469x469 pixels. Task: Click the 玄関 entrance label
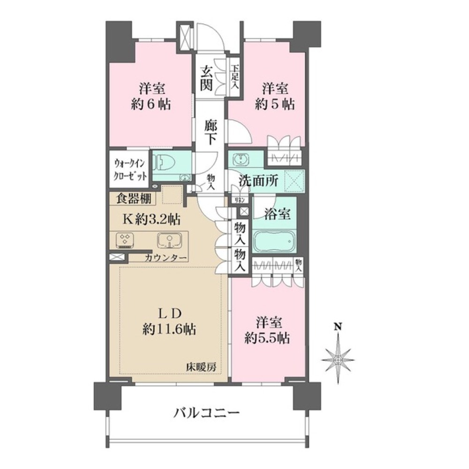(x=206, y=78)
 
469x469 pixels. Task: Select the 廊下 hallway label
(x=210, y=133)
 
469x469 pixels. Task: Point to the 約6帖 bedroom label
(x=151, y=96)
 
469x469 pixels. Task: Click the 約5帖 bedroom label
(x=274, y=96)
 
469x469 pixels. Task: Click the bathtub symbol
(x=275, y=242)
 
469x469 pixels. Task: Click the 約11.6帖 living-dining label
(x=169, y=322)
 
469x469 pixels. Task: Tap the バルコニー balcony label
(x=207, y=414)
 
